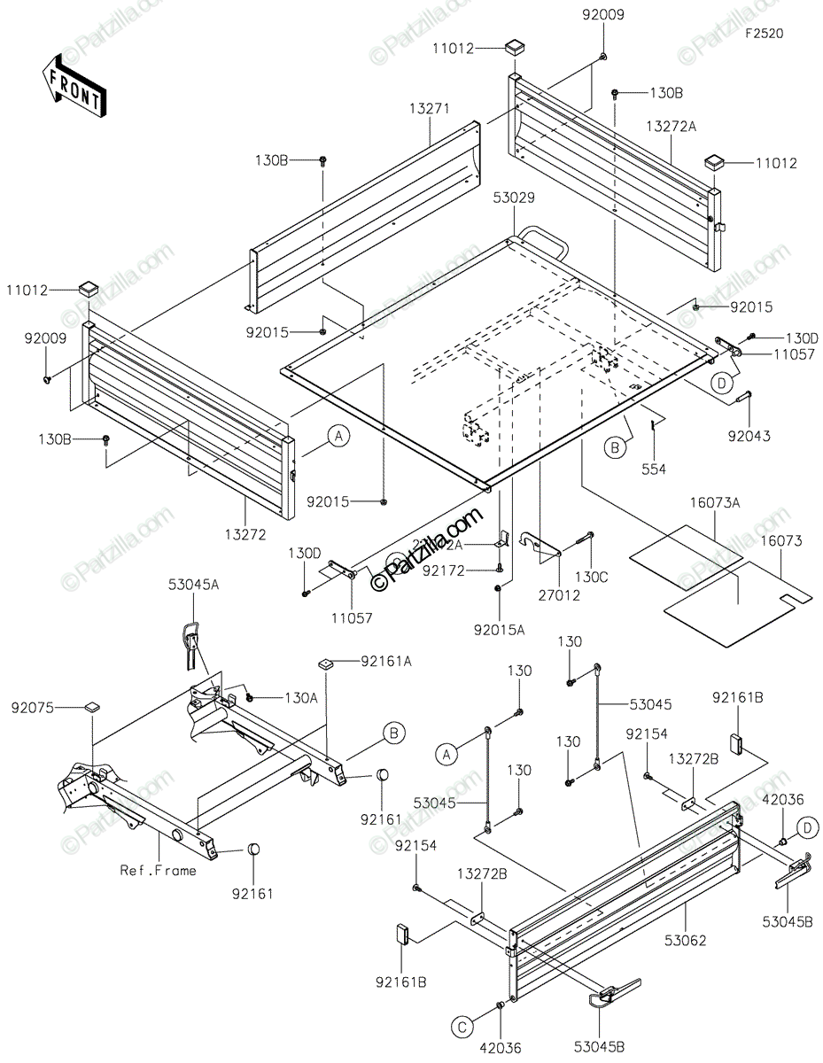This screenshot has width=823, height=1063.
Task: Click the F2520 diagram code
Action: pyautogui.click(x=764, y=33)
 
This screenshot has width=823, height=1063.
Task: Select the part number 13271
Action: pyautogui.click(x=431, y=109)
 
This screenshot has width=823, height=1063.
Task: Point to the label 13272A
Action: pyautogui.click(x=671, y=127)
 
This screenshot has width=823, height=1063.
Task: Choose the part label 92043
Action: pyautogui.click(x=750, y=435)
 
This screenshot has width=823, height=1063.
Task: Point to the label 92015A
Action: pyautogui.click(x=500, y=631)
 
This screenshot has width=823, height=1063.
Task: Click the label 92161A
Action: pyautogui.click(x=360, y=661)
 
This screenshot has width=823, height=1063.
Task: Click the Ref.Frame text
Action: pyautogui.click(x=159, y=870)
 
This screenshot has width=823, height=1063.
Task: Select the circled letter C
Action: pyautogui.click(x=462, y=1027)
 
